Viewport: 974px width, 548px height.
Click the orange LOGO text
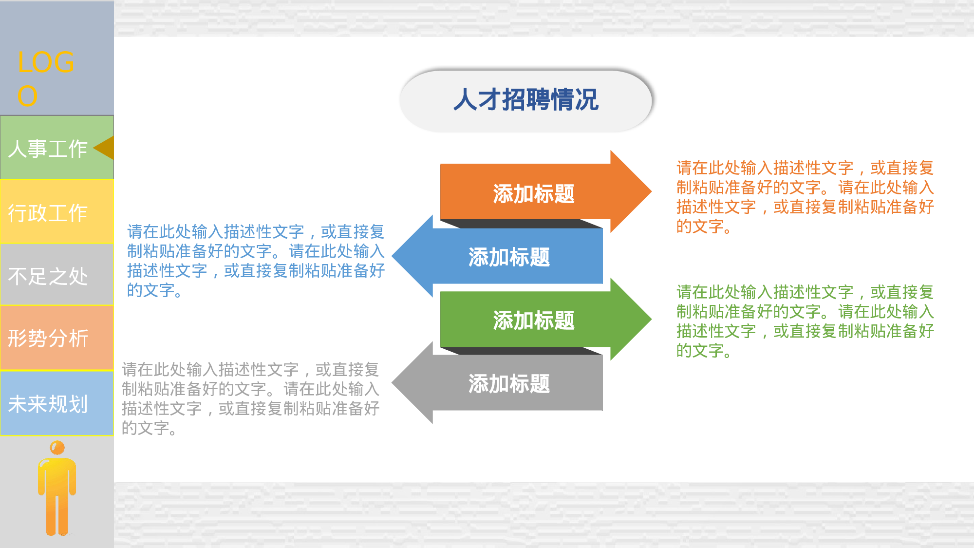(46, 78)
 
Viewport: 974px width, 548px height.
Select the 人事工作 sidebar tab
(48, 148)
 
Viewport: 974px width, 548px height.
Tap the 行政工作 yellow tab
(48, 213)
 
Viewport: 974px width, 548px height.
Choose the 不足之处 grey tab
(48, 276)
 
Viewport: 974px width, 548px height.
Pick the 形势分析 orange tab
(48, 338)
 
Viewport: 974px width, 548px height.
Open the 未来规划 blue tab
(48, 404)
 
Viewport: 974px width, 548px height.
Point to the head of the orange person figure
(57, 448)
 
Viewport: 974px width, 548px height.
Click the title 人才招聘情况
(526, 100)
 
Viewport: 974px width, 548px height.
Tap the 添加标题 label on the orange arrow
(534, 194)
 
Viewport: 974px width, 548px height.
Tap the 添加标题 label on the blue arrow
(509, 257)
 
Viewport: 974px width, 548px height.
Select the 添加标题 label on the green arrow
(534, 321)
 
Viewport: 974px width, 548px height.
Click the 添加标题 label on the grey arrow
(509, 384)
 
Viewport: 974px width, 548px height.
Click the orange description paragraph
(805, 197)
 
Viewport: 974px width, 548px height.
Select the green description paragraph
(805, 321)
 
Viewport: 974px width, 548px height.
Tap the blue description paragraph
(256, 261)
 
